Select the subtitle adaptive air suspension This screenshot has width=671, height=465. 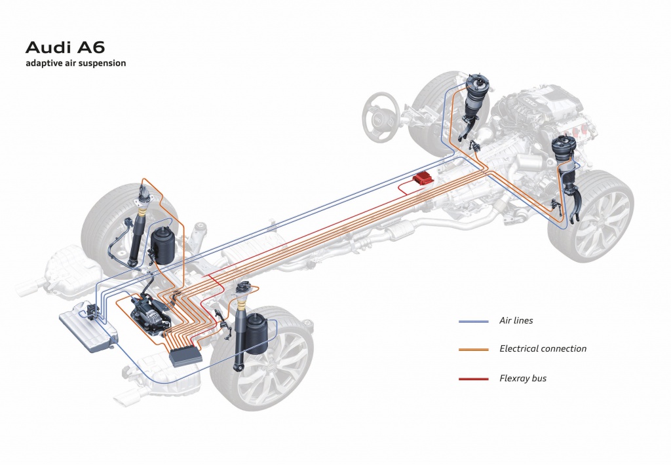coord(75,64)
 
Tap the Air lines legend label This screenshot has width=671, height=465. coord(516,320)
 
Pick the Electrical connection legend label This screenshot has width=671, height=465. coord(543,348)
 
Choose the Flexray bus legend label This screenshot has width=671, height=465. coord(523,378)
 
